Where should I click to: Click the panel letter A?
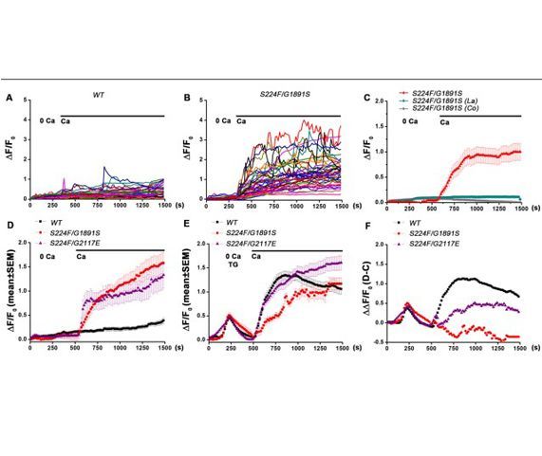[x=9, y=97]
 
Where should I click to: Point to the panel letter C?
[x=364, y=97]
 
